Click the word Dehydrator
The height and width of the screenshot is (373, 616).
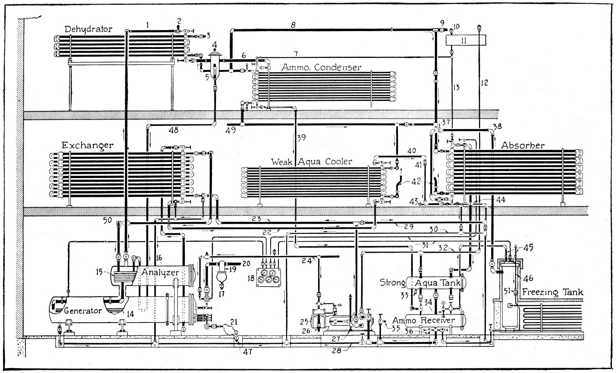pyautogui.click(x=88, y=29)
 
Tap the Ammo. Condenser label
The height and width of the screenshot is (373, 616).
pyautogui.click(x=321, y=67)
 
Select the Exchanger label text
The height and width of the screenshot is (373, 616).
pyautogui.click(x=87, y=145)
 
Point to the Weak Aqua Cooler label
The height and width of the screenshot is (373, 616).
pyautogui.click(x=311, y=162)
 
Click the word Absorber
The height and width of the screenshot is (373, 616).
pyautogui.click(x=523, y=145)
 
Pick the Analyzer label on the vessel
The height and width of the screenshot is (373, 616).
pyautogui.click(x=160, y=272)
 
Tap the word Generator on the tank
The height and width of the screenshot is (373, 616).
pyautogui.click(x=83, y=311)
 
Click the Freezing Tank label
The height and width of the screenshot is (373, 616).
pyautogui.click(x=553, y=293)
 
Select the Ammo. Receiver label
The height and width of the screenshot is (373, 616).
pyautogui.click(x=423, y=320)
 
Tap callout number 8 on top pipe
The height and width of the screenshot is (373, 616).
pyautogui.click(x=293, y=25)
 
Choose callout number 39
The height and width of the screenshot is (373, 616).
pyautogui.click(x=301, y=138)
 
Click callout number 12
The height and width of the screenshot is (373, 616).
pyautogui.click(x=485, y=82)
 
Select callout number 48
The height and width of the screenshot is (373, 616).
pyautogui.click(x=173, y=130)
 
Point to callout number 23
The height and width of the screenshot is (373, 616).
pyautogui.click(x=257, y=219)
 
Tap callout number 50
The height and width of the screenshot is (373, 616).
pyautogui.click(x=108, y=221)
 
